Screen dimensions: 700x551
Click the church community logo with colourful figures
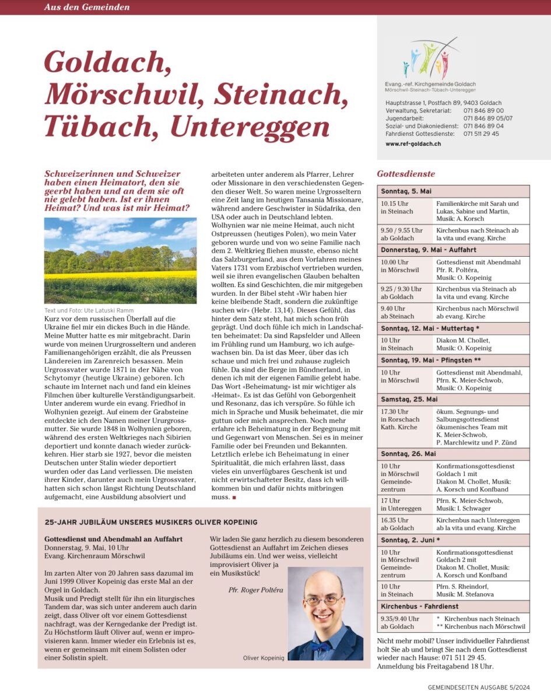tap(430, 58)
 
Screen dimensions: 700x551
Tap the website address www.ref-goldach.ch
tap(413, 143)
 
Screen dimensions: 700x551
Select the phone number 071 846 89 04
tap(483, 126)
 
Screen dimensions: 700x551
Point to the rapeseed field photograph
tap(120, 260)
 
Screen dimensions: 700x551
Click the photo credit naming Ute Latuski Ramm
tap(89, 310)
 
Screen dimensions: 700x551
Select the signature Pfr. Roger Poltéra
tap(256, 590)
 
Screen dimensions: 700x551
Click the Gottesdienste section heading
tap(406, 174)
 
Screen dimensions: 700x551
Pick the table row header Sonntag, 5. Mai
tap(406, 191)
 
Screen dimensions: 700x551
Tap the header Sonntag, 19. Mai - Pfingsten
tap(431, 360)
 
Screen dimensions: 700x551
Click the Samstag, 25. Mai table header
tap(409, 400)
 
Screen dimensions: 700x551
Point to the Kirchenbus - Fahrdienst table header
tap(420, 606)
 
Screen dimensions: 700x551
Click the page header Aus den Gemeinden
tap(87, 7)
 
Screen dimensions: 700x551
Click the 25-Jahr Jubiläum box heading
tap(151, 521)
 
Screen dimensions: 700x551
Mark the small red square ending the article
tap(234, 497)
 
